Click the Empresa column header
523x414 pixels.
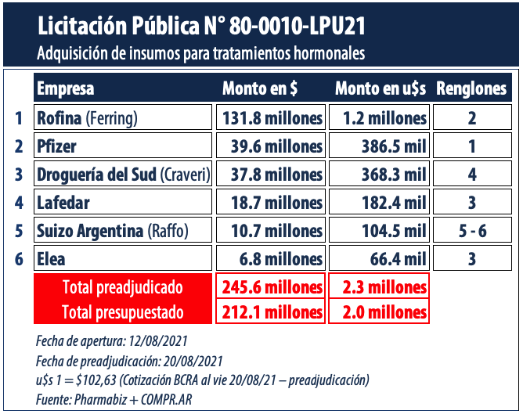[66, 88]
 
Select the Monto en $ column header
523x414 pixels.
[270, 88]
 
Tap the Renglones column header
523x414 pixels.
[471, 88]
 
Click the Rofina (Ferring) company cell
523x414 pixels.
[123, 118]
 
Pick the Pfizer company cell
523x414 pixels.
[123, 146]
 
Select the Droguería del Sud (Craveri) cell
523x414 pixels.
[123, 175]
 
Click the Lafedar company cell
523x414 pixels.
[123, 203]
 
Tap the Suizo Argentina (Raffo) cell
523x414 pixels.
[123, 231]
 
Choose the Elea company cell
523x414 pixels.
[123, 259]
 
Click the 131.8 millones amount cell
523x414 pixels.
[270, 118]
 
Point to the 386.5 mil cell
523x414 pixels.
[380, 146]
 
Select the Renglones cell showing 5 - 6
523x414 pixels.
[471, 231]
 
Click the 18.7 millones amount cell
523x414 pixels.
[270, 203]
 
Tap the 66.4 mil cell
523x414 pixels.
[380, 259]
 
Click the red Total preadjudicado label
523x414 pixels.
[123, 286]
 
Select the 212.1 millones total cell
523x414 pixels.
[270, 312]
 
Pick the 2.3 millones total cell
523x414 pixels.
[380, 286]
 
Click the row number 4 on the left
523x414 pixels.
[18, 203]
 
